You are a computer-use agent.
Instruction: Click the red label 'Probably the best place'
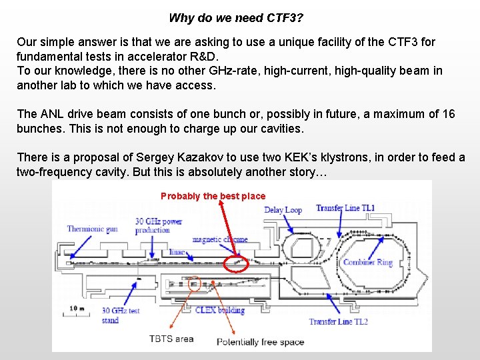tap(213, 196)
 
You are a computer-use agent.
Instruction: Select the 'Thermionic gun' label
tap(92, 229)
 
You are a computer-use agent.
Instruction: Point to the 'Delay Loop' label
tap(283, 210)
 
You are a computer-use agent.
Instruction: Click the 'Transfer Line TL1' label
tap(345, 208)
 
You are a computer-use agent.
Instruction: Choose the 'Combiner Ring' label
tap(367, 262)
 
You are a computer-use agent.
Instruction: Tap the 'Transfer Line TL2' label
tap(338, 322)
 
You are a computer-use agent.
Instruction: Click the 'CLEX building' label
tap(220, 310)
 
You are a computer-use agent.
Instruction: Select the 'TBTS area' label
tap(171, 339)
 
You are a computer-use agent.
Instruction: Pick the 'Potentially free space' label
tap(260, 342)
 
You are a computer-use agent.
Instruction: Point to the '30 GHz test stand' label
tap(121, 315)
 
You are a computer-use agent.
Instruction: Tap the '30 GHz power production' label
tap(159, 226)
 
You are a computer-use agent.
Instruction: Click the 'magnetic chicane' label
tap(219, 239)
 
